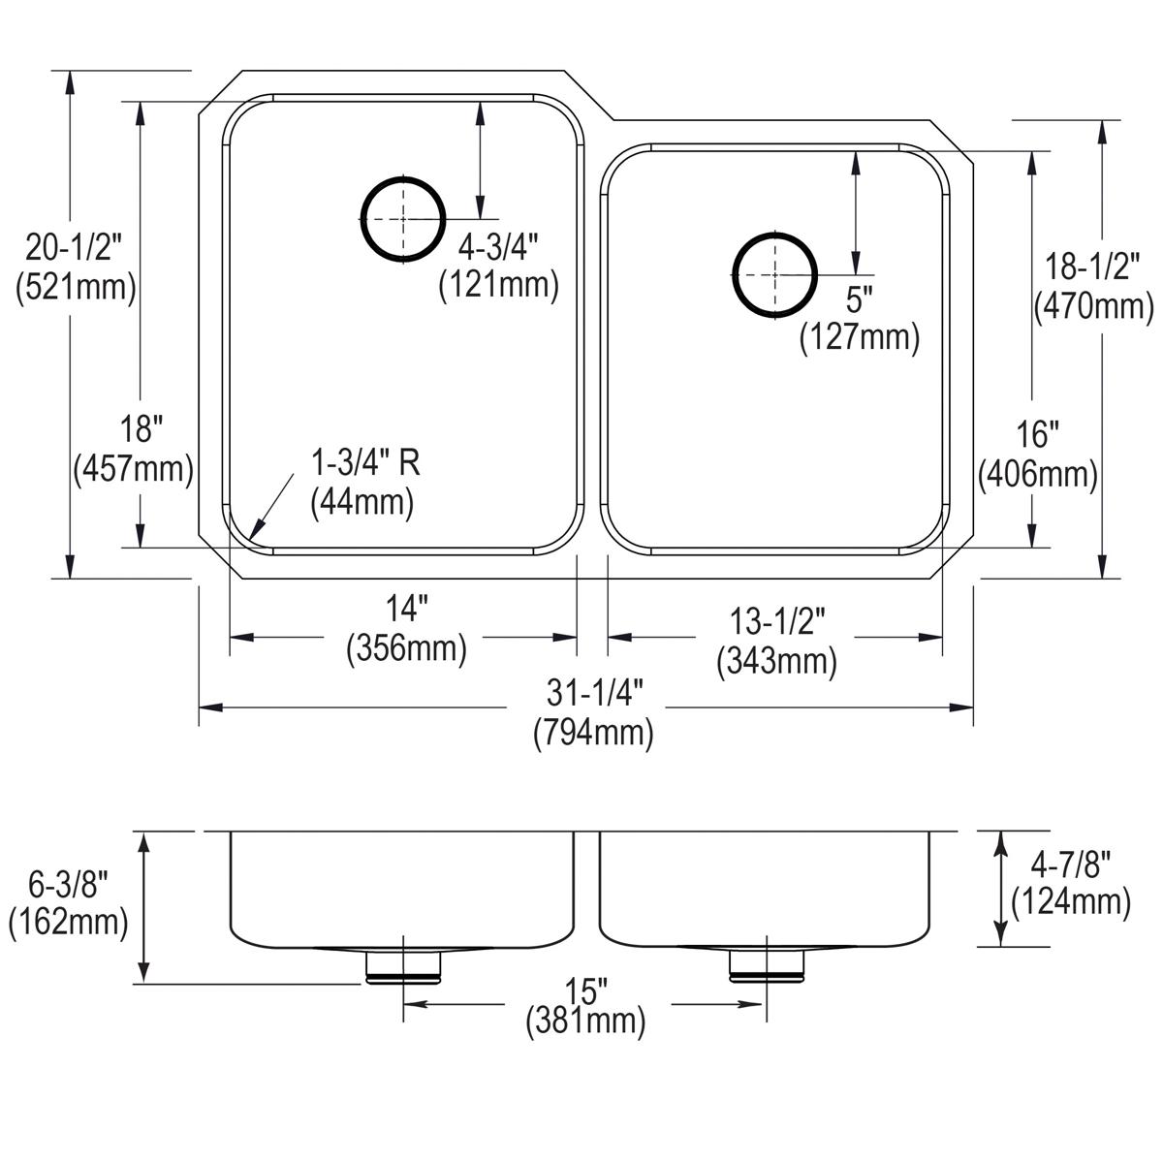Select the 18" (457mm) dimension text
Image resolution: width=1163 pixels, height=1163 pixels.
click(x=134, y=449)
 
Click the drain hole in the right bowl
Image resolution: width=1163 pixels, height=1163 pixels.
click(x=774, y=275)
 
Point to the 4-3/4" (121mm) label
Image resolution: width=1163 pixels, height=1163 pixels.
click(x=498, y=267)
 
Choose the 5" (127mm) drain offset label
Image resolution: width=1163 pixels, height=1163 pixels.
click(x=859, y=319)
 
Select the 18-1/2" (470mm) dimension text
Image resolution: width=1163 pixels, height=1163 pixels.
click(x=1094, y=286)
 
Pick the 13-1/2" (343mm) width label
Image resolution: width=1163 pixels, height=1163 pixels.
click(x=776, y=641)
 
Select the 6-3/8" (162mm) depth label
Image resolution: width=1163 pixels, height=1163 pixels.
click(x=69, y=902)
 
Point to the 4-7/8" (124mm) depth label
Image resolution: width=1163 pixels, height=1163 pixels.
click(x=1070, y=883)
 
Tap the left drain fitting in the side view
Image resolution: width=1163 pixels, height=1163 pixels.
click(x=403, y=966)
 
